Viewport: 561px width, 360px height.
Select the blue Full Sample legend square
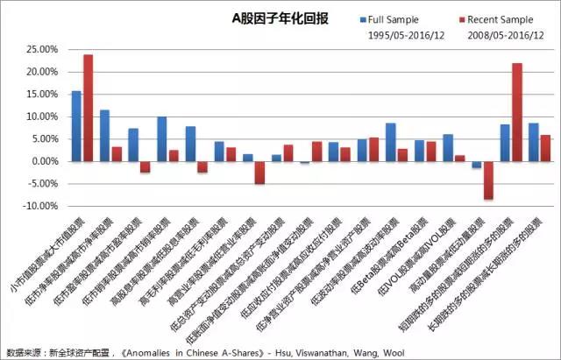tap(362, 18)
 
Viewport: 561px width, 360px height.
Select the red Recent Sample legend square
tap(461, 18)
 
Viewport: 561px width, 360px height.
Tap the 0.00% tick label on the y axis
tap(42, 161)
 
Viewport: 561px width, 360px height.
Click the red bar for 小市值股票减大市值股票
tap(88, 108)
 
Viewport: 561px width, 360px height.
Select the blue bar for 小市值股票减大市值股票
tap(76, 126)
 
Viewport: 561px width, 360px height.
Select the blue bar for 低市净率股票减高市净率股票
tap(105, 136)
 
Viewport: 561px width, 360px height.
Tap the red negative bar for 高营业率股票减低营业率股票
tap(259, 173)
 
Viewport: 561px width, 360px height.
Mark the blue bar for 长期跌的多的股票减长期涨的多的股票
tap(534, 142)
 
